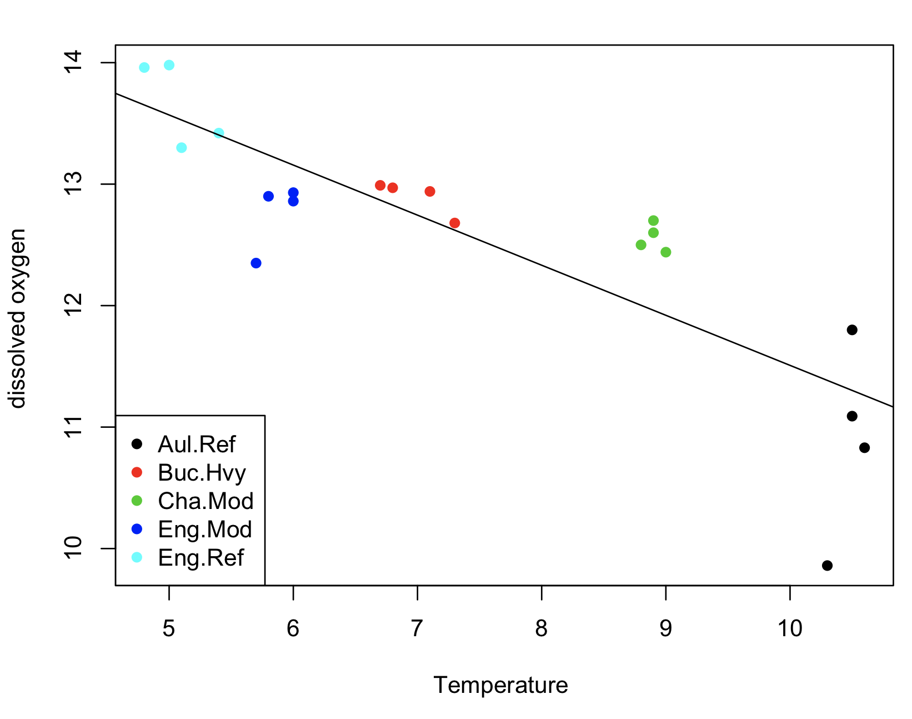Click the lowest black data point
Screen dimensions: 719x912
coord(827,566)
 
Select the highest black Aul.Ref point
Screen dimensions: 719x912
coord(852,330)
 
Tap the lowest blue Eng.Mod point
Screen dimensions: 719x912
coord(256,263)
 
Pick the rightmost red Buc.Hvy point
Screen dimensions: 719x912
coord(454,223)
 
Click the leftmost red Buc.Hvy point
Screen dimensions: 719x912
coord(380,185)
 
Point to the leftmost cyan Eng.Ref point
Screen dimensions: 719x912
coord(144,68)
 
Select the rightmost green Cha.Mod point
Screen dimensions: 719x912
coord(665,252)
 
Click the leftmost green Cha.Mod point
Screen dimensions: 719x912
coord(641,244)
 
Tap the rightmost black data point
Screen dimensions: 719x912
coord(864,448)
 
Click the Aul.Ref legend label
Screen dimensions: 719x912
coord(197,445)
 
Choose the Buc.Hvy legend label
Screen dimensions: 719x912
coord(202,473)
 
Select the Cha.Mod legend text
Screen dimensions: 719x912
coord(206,501)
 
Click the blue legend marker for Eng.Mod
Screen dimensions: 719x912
coord(137,529)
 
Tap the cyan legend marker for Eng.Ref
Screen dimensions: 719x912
coord(137,557)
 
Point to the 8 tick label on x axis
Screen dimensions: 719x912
coord(541,628)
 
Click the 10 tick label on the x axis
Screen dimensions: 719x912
coord(789,628)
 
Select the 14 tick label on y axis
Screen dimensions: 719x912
coord(74,63)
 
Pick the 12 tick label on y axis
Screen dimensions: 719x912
coord(74,306)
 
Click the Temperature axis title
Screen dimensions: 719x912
coord(500,685)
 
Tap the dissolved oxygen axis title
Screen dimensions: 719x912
coord(18,318)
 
